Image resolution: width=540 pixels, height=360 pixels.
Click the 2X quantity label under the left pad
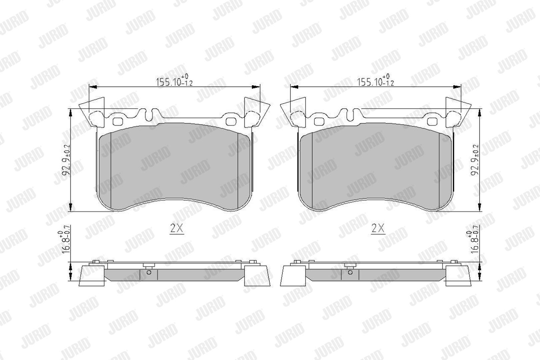(177, 228)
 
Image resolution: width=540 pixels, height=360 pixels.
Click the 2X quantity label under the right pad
(378, 228)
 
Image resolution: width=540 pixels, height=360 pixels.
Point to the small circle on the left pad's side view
(149, 272)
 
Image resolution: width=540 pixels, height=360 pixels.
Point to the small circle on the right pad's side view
(350, 272)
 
